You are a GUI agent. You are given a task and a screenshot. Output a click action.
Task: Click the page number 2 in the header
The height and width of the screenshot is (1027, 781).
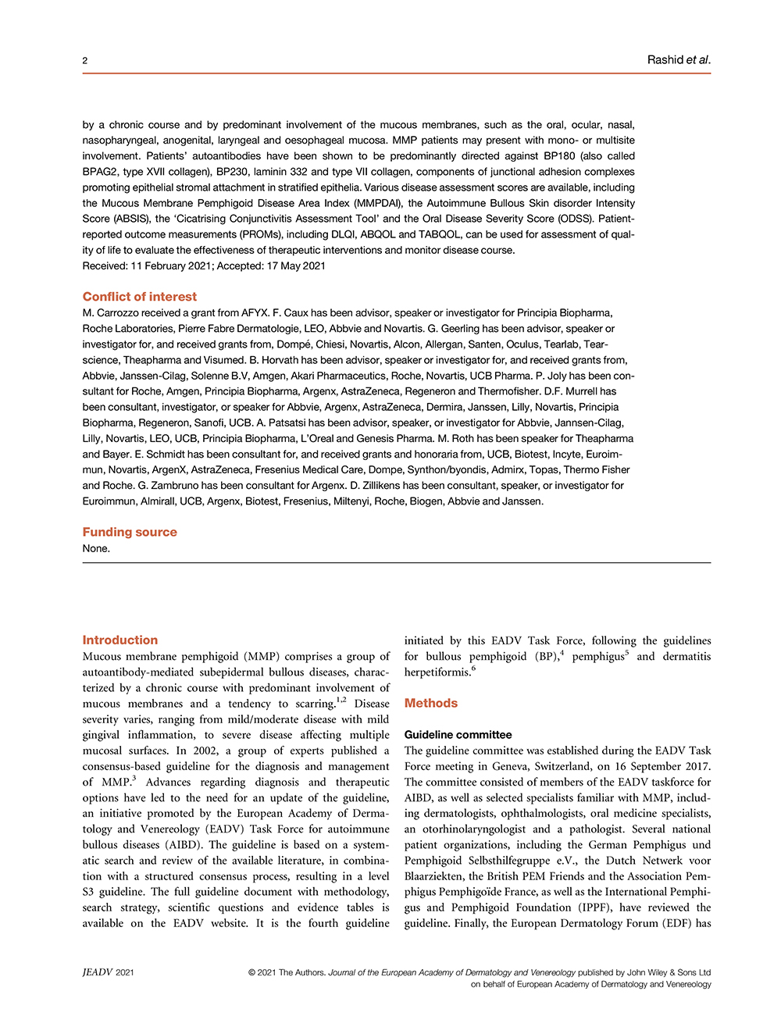tap(85, 61)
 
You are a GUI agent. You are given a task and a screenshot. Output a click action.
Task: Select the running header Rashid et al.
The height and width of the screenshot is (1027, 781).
tap(678, 60)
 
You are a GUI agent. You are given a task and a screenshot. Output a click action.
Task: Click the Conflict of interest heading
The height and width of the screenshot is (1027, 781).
tap(140, 297)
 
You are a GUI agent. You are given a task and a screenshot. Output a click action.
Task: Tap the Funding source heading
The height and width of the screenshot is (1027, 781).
tap(130, 532)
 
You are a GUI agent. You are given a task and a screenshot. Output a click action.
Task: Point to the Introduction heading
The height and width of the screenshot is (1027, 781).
tap(120, 640)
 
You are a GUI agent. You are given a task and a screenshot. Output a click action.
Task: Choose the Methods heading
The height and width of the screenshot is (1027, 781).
tap(431, 703)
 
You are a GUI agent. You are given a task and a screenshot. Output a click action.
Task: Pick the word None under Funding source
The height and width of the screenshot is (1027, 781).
tap(96, 548)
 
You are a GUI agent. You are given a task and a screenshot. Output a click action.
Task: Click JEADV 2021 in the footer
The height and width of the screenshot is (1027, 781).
tap(109, 972)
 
